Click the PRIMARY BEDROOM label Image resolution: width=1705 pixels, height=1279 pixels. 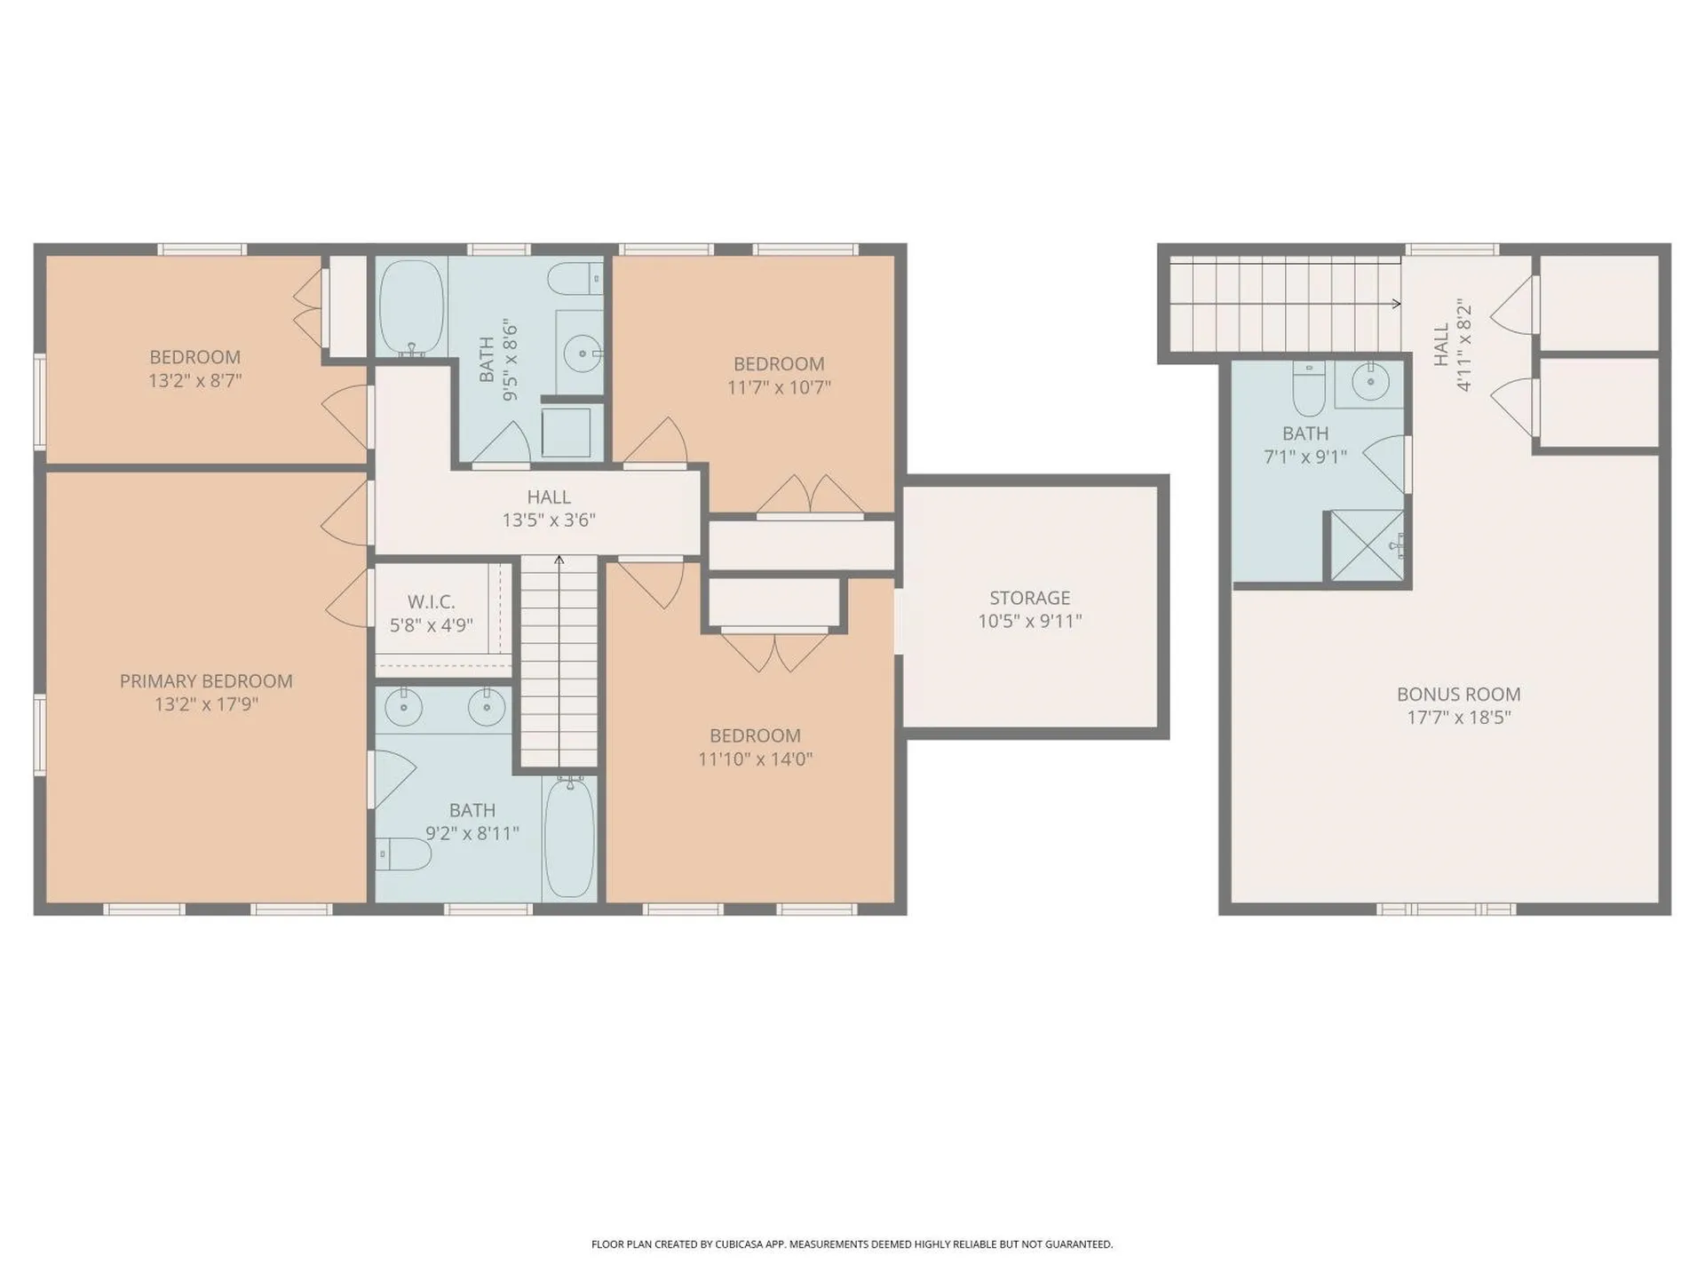click(x=206, y=681)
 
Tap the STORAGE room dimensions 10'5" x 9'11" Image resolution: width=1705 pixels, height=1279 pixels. click(x=1029, y=622)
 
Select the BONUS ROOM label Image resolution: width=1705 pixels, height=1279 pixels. click(x=1458, y=695)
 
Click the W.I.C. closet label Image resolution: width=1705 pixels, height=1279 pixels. click(x=431, y=602)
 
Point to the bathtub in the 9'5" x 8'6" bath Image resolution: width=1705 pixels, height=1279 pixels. click(x=411, y=307)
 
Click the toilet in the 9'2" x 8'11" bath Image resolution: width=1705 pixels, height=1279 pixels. click(x=405, y=854)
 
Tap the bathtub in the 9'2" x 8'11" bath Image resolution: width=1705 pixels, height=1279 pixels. click(x=569, y=837)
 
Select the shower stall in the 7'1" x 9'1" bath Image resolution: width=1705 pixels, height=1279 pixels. click(x=1367, y=545)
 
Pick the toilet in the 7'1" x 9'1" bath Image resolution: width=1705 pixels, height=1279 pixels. click(x=1309, y=390)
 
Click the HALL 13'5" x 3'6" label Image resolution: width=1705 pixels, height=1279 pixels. click(x=549, y=509)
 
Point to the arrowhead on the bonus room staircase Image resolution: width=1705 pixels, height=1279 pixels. click(x=1396, y=304)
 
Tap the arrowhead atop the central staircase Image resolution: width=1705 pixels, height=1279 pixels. click(x=559, y=560)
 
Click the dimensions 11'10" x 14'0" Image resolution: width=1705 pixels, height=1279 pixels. click(x=755, y=759)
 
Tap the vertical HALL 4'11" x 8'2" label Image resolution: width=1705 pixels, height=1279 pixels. click(x=1452, y=345)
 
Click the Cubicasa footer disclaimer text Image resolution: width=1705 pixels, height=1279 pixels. click(x=852, y=1244)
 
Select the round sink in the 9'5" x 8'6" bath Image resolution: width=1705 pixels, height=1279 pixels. click(x=583, y=354)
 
